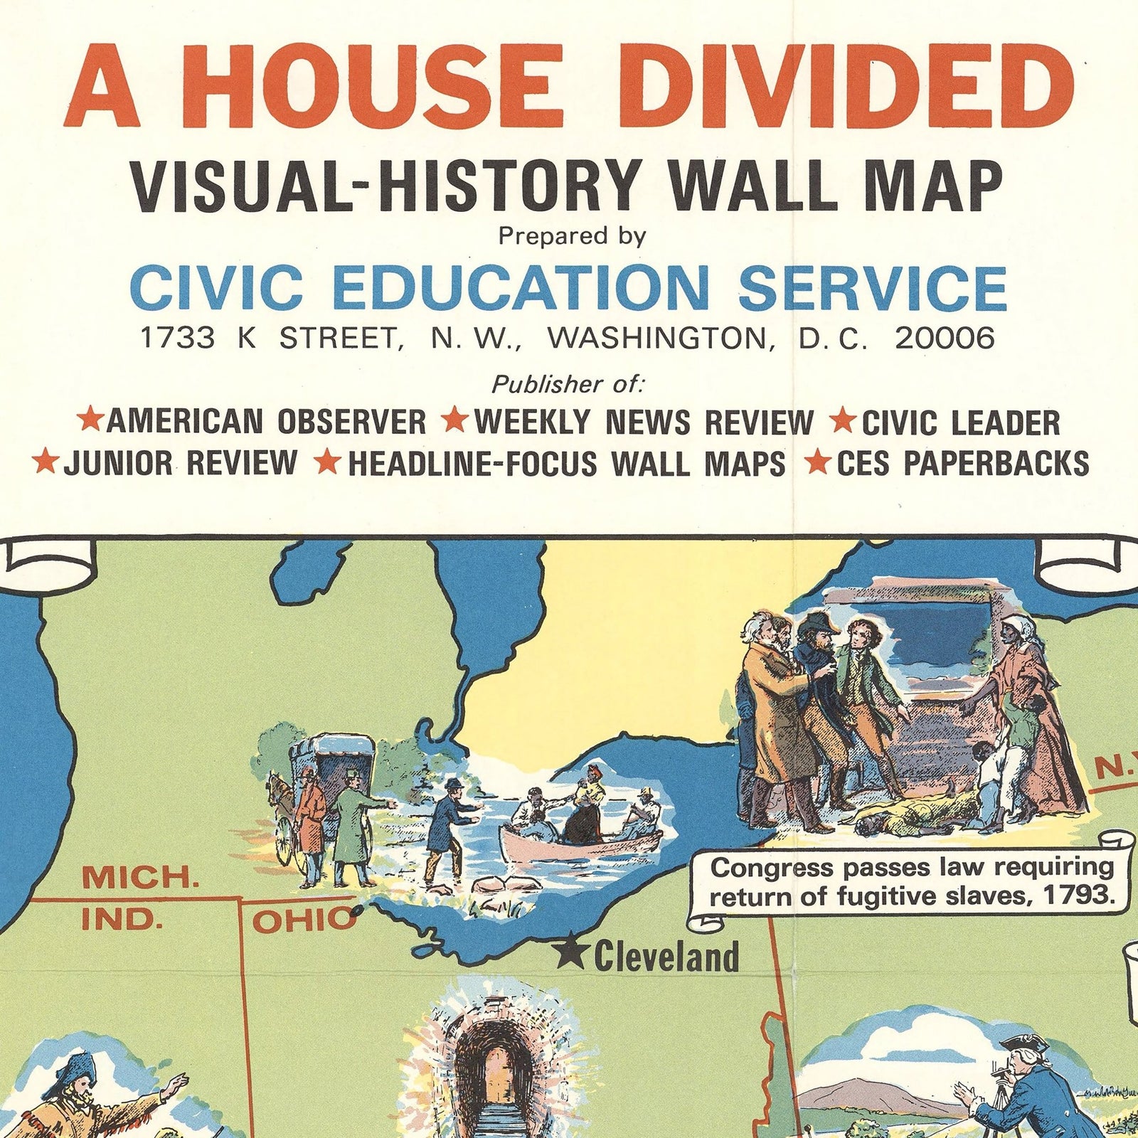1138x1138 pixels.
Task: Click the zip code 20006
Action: tap(944, 339)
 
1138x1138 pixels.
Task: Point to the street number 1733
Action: tap(178, 339)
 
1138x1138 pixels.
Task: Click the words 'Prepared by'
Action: tap(572, 236)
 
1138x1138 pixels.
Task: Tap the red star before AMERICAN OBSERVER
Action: tap(90, 420)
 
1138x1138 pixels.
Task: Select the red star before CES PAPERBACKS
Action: tap(819, 463)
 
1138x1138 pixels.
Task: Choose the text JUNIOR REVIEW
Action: tap(180, 463)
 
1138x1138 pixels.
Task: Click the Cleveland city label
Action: tap(666, 957)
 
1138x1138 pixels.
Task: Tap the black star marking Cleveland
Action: tap(570, 956)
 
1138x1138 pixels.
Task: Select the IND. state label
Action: tap(122, 920)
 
